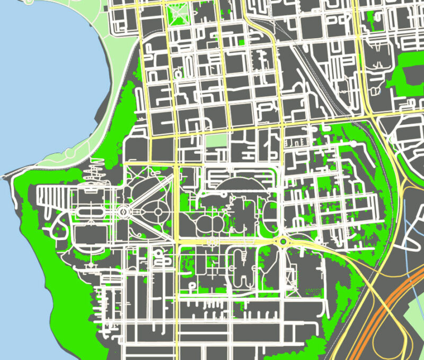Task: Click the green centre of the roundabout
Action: tap(284, 241)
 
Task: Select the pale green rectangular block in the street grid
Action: tap(216, 141)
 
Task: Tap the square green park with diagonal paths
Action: tap(179, 14)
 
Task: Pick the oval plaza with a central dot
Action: tap(157, 212)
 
